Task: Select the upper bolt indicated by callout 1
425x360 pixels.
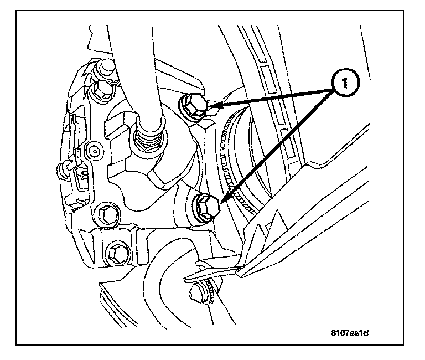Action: [193, 106]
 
